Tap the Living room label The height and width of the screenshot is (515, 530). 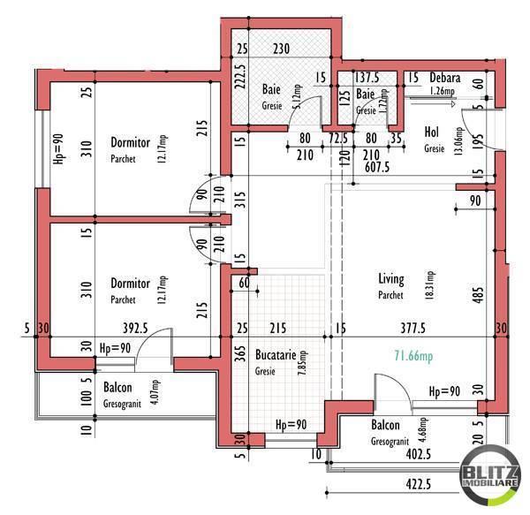point(391,279)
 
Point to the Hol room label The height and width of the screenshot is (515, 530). point(432,133)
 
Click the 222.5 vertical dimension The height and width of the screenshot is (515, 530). point(238,78)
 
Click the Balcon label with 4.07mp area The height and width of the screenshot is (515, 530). point(117,388)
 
